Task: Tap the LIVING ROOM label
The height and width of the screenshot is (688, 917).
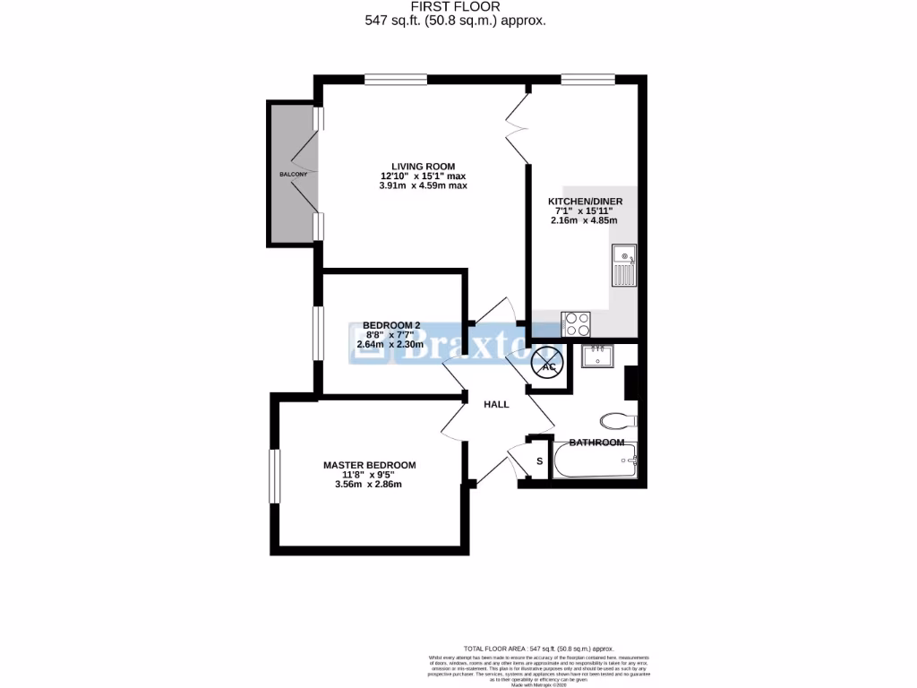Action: [x=417, y=166]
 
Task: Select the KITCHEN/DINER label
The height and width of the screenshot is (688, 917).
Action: [x=586, y=202]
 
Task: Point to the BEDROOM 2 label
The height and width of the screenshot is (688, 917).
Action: [x=391, y=325]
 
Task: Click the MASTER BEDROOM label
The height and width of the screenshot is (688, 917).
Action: [x=370, y=465]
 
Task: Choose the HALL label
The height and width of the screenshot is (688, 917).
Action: [x=496, y=404]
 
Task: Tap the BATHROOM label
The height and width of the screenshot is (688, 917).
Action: [x=596, y=443]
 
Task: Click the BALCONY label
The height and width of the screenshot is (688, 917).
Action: [x=293, y=174]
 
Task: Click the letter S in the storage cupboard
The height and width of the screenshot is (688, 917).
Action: [x=539, y=461]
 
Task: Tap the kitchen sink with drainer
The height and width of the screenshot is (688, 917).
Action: [x=624, y=265]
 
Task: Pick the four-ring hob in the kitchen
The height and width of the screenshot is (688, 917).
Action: [x=576, y=322]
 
